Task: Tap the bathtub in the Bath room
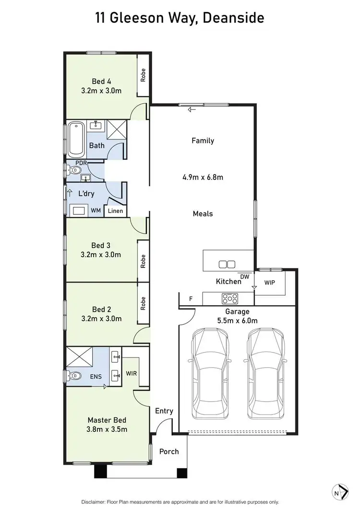pyautogui.click(x=76, y=140)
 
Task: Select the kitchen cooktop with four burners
pyautogui.click(x=228, y=298)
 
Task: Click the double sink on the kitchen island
pyautogui.click(x=226, y=264)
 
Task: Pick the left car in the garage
pyautogui.click(x=210, y=373)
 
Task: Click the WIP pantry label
pyautogui.click(x=270, y=282)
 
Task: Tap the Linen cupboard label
pyautogui.click(x=115, y=211)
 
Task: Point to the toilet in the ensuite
pyautogui.click(x=75, y=375)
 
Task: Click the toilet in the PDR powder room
pyautogui.click(x=75, y=169)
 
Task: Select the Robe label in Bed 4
pyautogui.click(x=143, y=76)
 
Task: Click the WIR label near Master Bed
pyautogui.click(x=132, y=373)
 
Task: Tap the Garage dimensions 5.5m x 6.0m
pyautogui.click(x=239, y=321)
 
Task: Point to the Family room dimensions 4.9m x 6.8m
pyautogui.click(x=203, y=178)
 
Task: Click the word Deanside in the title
pyautogui.click(x=233, y=18)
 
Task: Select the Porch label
pyautogui.click(x=168, y=451)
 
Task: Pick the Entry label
pyautogui.click(x=164, y=411)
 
